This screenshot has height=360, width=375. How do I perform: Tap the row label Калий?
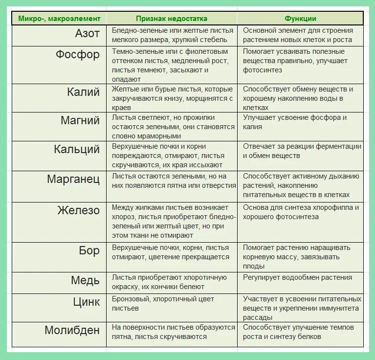tap(83, 92)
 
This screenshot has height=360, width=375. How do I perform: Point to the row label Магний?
tap(80, 120)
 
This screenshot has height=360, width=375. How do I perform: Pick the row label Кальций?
tap(76, 149)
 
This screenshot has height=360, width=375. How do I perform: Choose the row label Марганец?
tap(73, 179)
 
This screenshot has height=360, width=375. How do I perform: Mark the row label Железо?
tap(78, 211)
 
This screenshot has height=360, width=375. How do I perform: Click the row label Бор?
tap(89, 251)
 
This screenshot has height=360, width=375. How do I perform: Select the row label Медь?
tap(85, 280)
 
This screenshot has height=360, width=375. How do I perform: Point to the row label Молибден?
tap(72, 330)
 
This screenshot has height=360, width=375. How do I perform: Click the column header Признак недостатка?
tap(171, 19)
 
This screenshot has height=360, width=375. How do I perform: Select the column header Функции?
tap(300, 19)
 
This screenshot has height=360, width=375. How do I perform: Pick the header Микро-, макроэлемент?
tap(59, 19)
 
